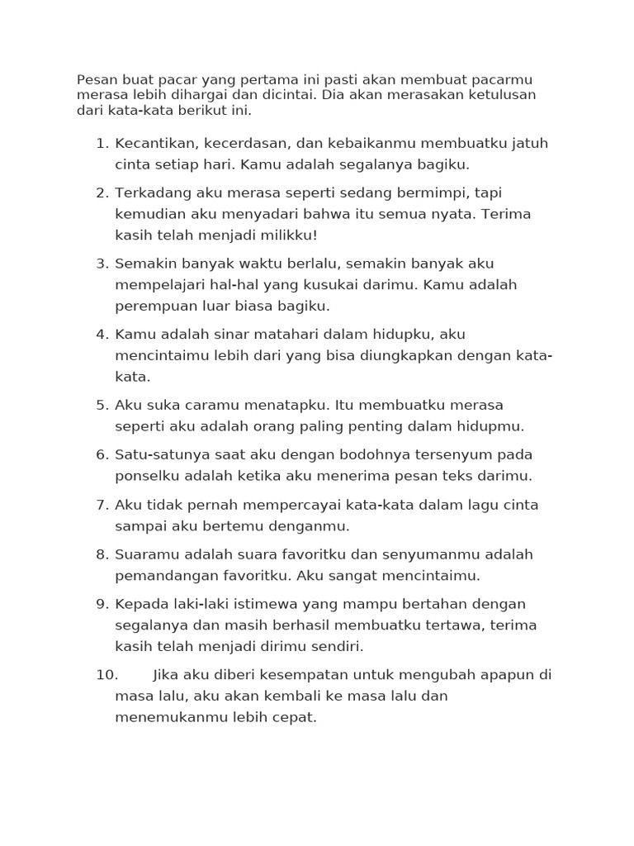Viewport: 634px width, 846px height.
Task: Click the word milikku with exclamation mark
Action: coord(277,235)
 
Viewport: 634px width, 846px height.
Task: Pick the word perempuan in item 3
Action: coord(156,307)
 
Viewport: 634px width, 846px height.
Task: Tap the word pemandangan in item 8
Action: coord(166,576)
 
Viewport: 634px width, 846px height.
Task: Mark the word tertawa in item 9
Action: coord(459,625)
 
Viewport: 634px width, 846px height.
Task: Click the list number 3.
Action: coord(102,264)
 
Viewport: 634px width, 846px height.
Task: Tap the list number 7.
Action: coord(102,505)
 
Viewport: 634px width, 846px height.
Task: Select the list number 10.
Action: coord(107,675)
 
